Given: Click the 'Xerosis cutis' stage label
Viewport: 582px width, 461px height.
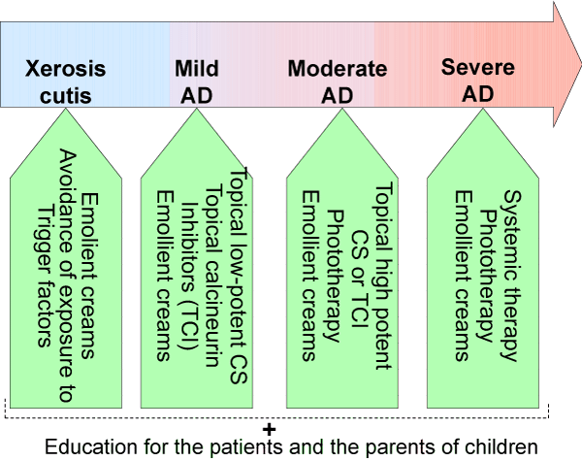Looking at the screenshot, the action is tap(65, 82).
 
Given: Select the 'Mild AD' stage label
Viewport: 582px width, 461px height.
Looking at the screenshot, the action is tap(197, 82).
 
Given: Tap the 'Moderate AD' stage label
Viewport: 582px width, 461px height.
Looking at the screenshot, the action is tap(338, 82).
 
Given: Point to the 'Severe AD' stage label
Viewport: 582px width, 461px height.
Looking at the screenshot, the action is tap(478, 81).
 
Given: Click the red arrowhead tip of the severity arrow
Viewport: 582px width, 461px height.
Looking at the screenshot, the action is tap(580, 64).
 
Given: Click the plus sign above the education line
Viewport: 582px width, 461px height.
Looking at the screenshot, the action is tap(269, 430).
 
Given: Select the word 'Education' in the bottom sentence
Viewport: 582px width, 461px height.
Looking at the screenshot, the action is tap(91, 446).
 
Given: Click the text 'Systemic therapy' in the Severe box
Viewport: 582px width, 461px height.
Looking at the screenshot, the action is tap(512, 276).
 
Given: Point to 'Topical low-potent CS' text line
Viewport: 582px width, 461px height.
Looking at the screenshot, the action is tap(239, 276).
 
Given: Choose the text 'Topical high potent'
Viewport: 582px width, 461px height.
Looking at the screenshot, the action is tap(384, 276).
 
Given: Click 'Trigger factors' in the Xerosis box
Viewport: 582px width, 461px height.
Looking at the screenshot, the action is tap(44, 277).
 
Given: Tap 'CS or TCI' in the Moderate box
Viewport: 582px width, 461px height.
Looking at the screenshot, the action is tap(360, 280).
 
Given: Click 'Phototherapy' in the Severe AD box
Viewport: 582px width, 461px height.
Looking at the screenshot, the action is tap(488, 276).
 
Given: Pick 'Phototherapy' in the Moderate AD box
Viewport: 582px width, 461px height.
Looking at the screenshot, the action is tap(335, 276).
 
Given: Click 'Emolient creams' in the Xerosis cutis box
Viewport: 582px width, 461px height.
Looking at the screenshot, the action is tap(90, 276).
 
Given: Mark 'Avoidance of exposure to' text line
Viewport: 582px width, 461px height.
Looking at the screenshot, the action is tap(68, 276).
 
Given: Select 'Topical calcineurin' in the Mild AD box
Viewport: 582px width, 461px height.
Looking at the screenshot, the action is tap(213, 277).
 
